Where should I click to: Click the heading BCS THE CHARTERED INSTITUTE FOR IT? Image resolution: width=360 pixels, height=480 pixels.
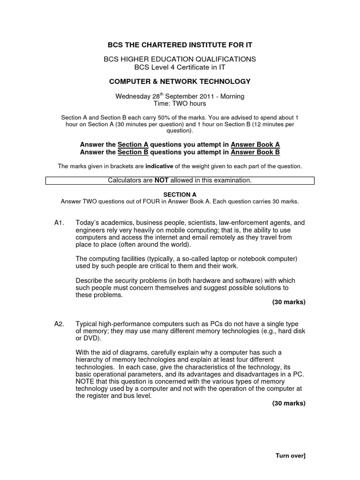pyautogui.click(x=180, y=45)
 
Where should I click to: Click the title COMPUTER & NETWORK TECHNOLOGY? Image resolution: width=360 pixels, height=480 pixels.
pyautogui.click(x=180, y=82)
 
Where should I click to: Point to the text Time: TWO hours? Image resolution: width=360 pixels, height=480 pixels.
pyautogui.click(x=180, y=104)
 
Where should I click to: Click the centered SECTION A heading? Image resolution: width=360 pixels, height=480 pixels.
pyautogui.click(x=180, y=195)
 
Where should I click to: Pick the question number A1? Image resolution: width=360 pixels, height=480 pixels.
pyautogui.click(x=59, y=223)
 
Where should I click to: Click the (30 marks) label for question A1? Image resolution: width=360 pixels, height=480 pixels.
pyautogui.click(x=289, y=302)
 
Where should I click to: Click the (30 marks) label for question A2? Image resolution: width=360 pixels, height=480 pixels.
pyautogui.click(x=289, y=403)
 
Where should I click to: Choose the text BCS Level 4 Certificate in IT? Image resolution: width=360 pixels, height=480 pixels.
pyautogui.click(x=180, y=67)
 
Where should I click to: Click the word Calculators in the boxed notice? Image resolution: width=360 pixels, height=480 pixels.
pyautogui.click(x=126, y=180)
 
